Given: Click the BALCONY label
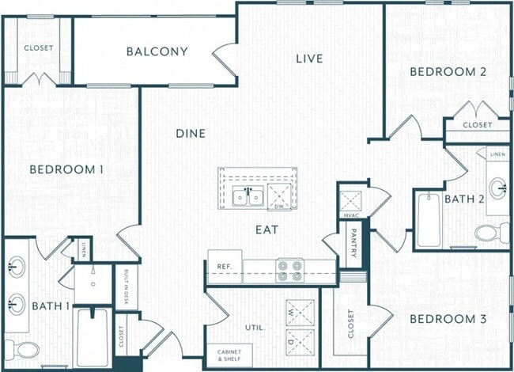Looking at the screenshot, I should click(157, 52).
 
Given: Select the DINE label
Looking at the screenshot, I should click(191, 134).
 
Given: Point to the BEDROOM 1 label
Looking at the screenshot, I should click(67, 169).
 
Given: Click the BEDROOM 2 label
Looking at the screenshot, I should click(447, 72).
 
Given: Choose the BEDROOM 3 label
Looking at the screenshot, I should click(447, 319).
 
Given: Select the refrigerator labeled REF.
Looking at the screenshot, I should click(224, 268).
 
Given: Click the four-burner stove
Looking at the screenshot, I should click(290, 271).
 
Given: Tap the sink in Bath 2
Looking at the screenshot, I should click(498, 188).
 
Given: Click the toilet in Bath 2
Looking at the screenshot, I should click(494, 233).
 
